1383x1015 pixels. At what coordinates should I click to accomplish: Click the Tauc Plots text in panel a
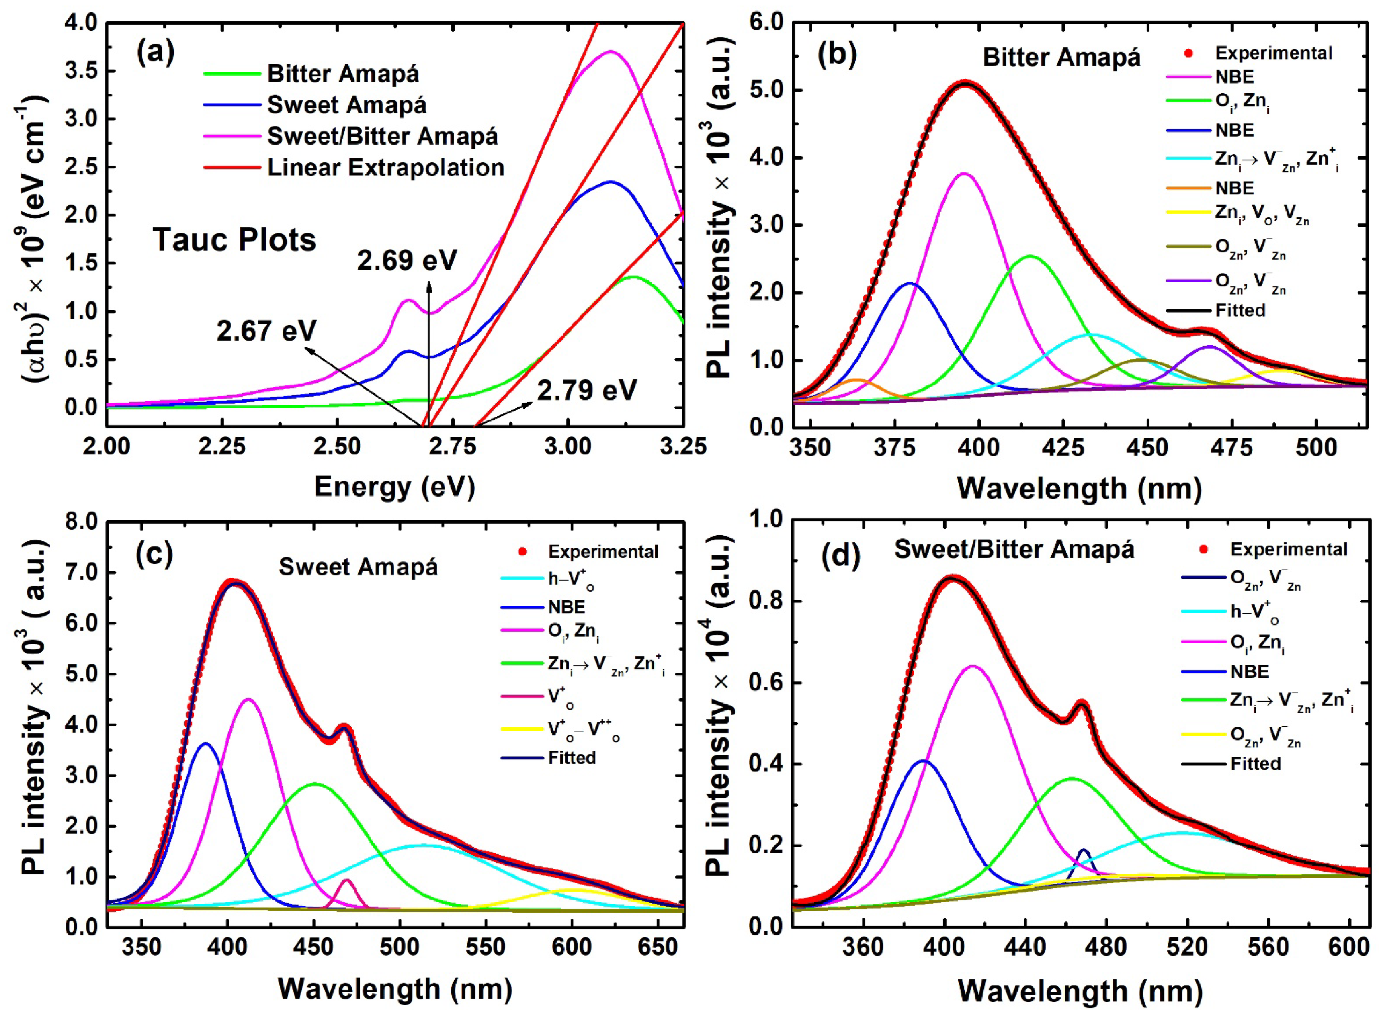(234, 239)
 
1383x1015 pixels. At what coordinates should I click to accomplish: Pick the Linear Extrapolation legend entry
(385, 168)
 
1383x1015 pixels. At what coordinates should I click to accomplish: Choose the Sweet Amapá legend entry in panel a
(346, 105)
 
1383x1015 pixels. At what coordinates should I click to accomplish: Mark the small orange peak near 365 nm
(856, 380)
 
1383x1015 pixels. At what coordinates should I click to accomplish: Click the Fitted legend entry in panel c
(572, 757)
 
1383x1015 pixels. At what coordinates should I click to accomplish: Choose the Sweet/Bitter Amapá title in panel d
(1014, 548)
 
